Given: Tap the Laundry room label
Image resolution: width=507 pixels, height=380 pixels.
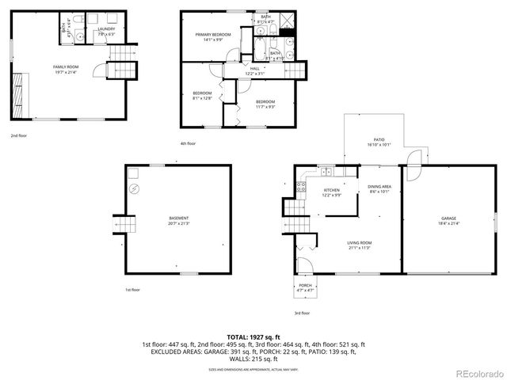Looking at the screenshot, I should point(107,32).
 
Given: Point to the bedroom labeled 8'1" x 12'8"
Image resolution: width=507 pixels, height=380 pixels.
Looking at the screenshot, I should point(203,97).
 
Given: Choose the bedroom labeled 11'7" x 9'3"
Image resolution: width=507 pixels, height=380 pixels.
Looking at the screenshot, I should point(265,104).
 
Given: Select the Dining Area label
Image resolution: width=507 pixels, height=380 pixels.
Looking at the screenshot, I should point(379,189).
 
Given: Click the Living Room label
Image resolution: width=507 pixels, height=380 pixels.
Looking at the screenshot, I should point(359,245).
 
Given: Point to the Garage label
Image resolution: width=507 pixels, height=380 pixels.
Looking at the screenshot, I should point(449,221).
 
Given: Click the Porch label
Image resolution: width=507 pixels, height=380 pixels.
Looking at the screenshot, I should point(305,290).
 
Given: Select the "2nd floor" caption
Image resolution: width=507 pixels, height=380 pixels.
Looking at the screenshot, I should point(19,135).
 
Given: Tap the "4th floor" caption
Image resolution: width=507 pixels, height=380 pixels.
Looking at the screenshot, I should point(188,143).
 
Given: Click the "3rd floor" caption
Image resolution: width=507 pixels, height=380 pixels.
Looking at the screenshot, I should point(302,313).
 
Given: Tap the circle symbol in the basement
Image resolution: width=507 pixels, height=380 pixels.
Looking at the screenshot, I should point(135,188).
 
